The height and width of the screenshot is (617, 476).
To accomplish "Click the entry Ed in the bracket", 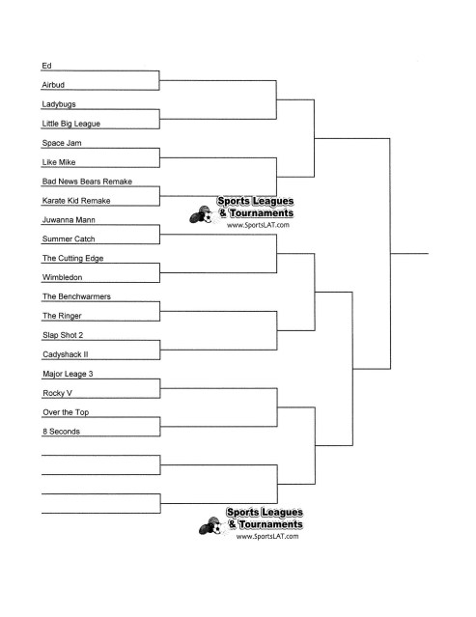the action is tap(46, 66).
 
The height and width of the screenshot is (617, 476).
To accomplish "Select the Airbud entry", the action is tap(54, 85).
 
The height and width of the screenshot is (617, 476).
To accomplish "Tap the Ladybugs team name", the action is tap(60, 104).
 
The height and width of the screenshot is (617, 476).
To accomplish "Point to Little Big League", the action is tap(71, 124).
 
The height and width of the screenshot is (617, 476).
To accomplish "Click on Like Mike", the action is tap(59, 162).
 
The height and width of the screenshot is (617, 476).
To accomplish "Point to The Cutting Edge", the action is tap(72, 258).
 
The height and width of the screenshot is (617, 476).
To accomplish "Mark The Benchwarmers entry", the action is tap(77, 295).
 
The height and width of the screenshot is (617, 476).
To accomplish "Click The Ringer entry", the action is tap(62, 315).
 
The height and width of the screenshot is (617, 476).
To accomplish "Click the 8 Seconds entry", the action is tap(61, 431).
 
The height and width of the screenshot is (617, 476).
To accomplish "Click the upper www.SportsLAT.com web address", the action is tap(258, 225).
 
